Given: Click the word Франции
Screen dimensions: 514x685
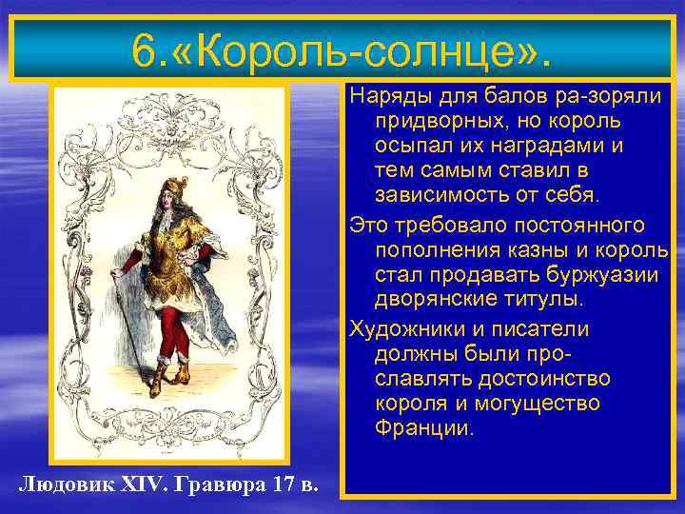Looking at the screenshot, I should [422, 430].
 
